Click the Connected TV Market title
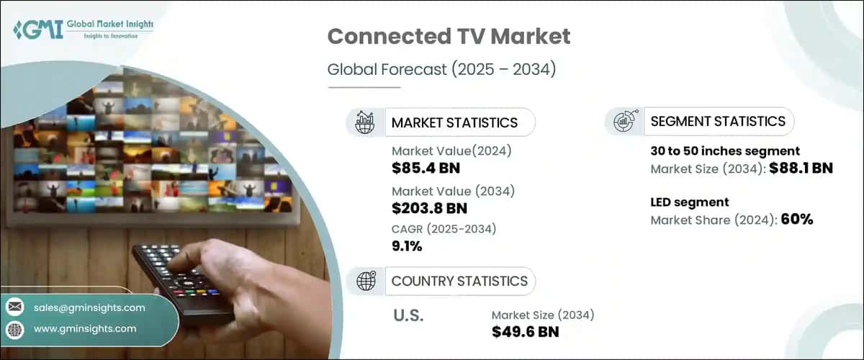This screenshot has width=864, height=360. click(449, 37)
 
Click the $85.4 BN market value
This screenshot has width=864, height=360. click(426, 168)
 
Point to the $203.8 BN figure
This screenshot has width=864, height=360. click(429, 209)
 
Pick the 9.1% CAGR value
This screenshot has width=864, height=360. click(407, 246)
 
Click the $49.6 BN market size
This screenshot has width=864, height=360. click(525, 331)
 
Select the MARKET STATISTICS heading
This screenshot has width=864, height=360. click(454, 122)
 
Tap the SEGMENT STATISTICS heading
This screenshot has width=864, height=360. click(717, 121)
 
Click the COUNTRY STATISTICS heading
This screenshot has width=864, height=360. click(459, 281)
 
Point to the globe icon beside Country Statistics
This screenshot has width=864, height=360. click(366, 281)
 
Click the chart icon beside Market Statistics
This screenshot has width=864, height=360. click(366, 122)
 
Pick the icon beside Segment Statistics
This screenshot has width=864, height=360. click(624, 121)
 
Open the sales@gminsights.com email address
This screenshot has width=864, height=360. click(89, 307)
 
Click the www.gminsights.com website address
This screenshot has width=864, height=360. click(85, 328)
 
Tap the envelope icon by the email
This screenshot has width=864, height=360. click(15, 307)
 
